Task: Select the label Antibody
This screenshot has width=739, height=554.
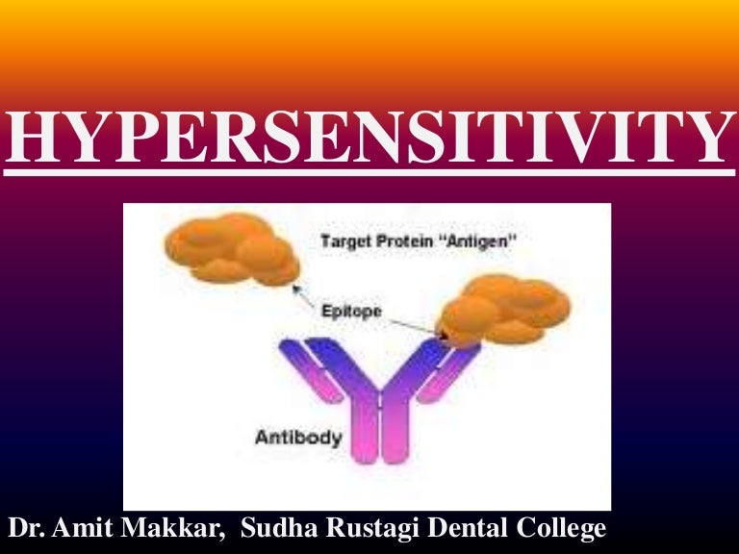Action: (x=297, y=438)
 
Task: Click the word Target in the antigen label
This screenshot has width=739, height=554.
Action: (x=342, y=242)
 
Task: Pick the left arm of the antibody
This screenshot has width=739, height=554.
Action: (x=319, y=370)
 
